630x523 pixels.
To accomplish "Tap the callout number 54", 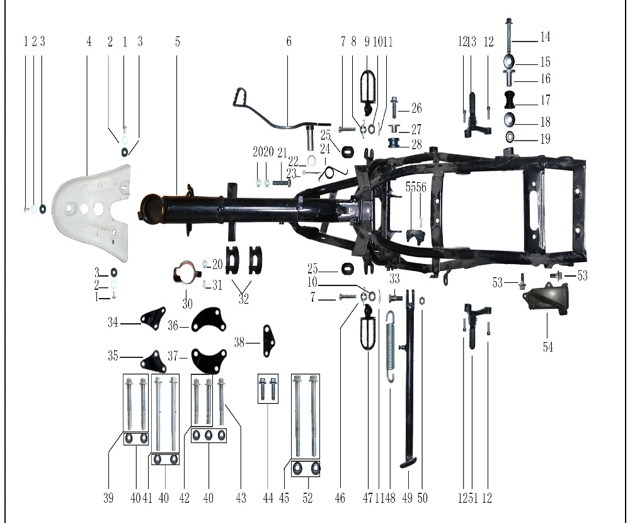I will click(x=548, y=347).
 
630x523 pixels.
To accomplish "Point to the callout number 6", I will click(x=289, y=42).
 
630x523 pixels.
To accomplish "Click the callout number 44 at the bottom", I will click(x=268, y=498).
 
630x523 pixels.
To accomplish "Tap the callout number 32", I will click(x=244, y=299).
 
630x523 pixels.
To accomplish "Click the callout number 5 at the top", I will click(x=178, y=42).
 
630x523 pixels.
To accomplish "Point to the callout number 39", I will click(x=108, y=498).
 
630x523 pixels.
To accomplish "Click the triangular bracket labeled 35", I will click(x=153, y=362).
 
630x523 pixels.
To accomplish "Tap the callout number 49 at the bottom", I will click(x=408, y=498).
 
